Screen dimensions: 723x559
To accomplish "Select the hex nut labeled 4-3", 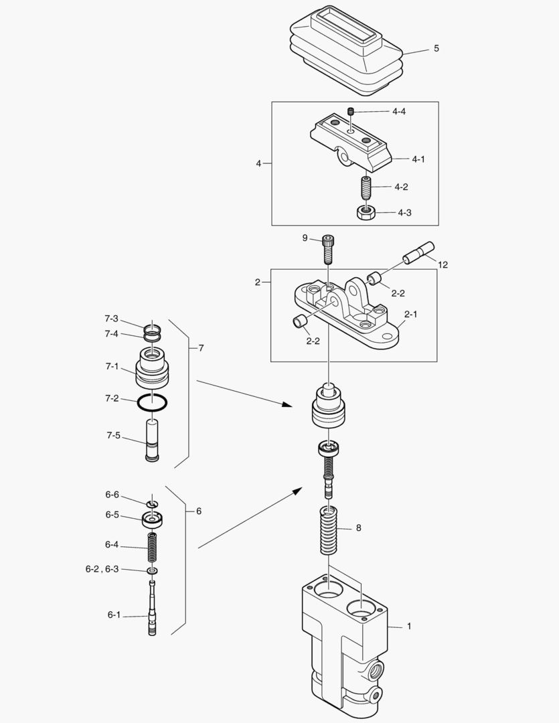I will (x=365, y=214).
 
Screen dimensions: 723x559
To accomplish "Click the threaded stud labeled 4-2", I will (x=366, y=187).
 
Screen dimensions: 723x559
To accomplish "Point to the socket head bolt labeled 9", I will (x=327, y=250).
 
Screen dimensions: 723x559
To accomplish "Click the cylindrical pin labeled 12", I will (x=418, y=253).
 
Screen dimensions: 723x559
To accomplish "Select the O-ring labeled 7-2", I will (x=152, y=403).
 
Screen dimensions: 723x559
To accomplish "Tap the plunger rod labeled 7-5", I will (x=152, y=439).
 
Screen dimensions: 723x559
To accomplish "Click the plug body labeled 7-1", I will (x=152, y=370).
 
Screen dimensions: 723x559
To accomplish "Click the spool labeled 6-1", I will (x=153, y=613).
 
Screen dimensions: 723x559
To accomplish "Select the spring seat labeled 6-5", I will (x=153, y=519).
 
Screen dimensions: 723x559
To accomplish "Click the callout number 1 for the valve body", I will (x=409, y=627).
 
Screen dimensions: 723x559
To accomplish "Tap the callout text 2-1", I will (x=412, y=313).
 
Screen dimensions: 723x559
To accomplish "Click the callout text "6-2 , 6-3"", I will (x=102, y=569).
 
